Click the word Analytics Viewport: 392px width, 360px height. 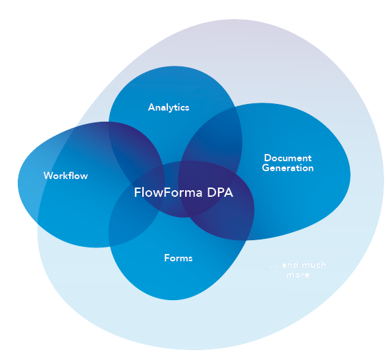[x=169, y=107]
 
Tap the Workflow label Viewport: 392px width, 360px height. [x=65, y=176]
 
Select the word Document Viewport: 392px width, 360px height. [x=287, y=158]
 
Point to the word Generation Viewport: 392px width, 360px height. [x=287, y=168]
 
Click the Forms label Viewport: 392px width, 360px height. [x=178, y=258]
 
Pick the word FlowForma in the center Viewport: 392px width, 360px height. [x=168, y=193]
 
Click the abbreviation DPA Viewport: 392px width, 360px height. [x=219, y=193]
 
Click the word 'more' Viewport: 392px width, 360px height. [x=298, y=275]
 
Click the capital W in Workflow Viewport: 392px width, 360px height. [x=47, y=176]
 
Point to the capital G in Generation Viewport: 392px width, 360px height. [x=266, y=168]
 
